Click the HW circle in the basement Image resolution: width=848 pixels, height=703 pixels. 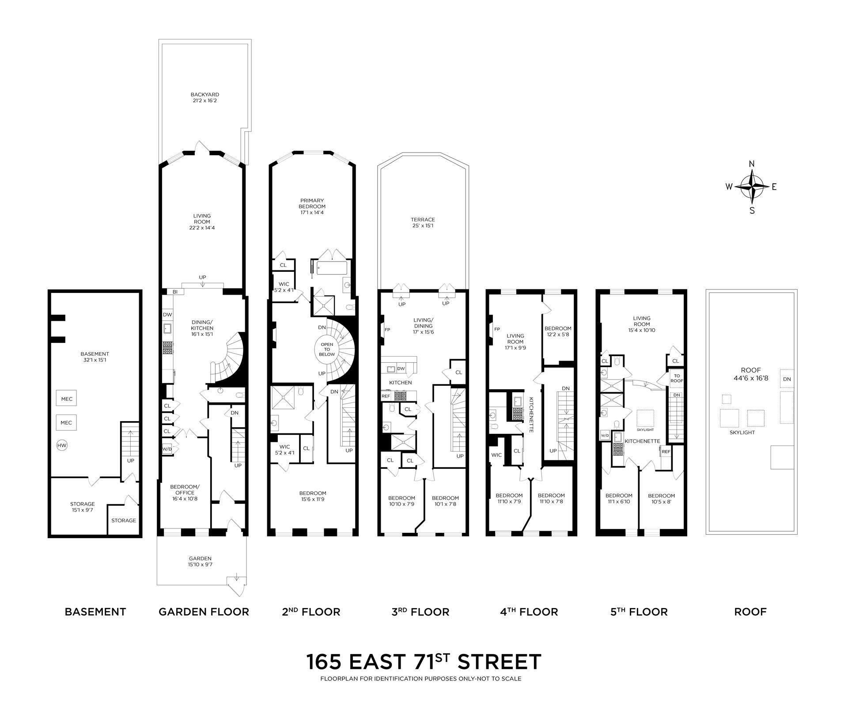click(62, 446)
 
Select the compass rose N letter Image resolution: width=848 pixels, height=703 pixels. click(752, 164)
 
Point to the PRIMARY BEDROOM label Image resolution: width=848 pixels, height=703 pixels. click(312, 206)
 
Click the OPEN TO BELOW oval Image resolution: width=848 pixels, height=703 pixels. click(327, 349)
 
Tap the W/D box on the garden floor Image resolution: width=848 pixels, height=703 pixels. click(167, 449)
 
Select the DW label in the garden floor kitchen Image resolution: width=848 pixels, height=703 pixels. click(167, 315)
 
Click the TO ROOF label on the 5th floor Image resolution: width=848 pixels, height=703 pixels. click(677, 378)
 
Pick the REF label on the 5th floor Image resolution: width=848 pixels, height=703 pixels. click(666, 452)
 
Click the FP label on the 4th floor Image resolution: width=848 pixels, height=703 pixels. click(497, 329)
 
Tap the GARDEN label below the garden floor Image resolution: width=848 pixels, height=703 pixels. click(200, 561)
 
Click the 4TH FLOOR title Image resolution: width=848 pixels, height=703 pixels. click(529, 612)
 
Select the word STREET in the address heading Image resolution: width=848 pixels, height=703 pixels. click(499, 662)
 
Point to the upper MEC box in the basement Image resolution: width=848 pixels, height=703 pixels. click(67, 399)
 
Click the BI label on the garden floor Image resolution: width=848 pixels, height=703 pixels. click(175, 292)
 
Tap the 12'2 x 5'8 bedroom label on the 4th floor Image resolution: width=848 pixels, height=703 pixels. click(558, 331)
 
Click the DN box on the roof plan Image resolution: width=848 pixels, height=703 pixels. click(787, 379)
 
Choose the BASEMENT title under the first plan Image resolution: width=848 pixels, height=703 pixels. click(95, 612)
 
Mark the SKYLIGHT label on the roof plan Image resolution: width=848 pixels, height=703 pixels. click(742, 433)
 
